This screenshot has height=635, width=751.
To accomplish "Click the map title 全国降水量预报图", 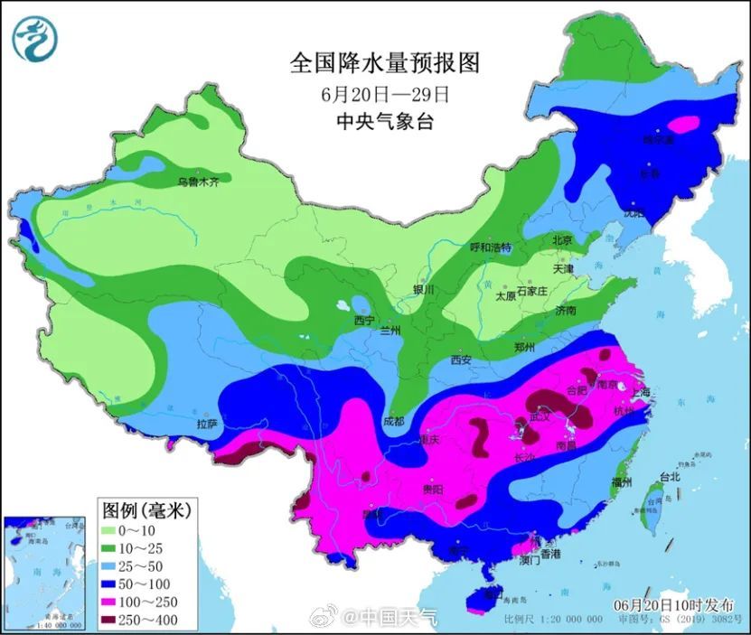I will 384,62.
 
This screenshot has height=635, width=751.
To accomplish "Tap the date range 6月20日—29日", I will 384,93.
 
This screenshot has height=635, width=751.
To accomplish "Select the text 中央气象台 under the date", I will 384,121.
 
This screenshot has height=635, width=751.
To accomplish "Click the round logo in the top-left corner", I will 34,39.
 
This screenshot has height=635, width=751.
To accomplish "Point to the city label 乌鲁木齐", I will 198,182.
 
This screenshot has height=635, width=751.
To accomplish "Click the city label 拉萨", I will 207,423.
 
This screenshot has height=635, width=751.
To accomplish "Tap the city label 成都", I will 393,421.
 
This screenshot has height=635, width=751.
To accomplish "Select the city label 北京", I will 561,240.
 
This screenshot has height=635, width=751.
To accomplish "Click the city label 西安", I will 460,360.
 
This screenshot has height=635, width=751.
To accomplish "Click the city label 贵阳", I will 433,489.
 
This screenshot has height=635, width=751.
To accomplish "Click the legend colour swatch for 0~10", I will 116,531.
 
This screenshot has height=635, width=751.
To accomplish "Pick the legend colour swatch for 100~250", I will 116,601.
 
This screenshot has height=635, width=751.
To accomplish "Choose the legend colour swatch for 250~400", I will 116,619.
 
